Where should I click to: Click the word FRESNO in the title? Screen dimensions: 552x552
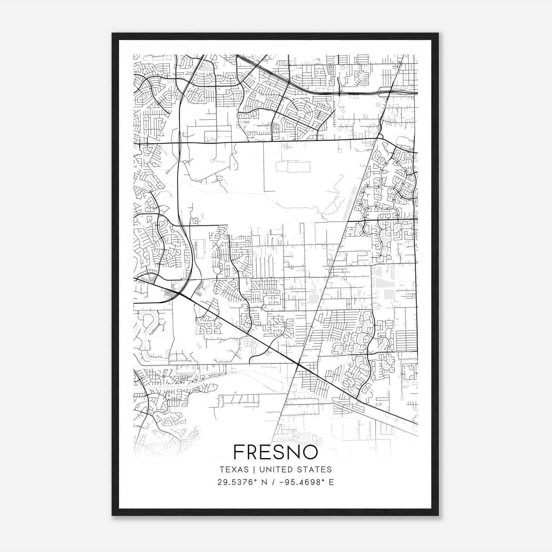click(x=275, y=452)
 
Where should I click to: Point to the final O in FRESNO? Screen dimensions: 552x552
click(x=310, y=452)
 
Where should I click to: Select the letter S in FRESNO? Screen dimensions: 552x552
click(x=276, y=452)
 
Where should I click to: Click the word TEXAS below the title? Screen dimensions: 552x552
click(x=234, y=470)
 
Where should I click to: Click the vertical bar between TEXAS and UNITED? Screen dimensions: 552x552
click(x=254, y=470)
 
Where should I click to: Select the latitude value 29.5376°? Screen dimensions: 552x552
click(x=238, y=482)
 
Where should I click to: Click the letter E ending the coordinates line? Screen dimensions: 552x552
click(x=331, y=482)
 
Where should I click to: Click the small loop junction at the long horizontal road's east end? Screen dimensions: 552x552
click(x=380, y=137)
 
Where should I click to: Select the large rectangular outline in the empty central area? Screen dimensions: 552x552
click(x=293, y=166)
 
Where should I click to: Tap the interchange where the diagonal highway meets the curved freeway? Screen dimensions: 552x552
click(x=179, y=294)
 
